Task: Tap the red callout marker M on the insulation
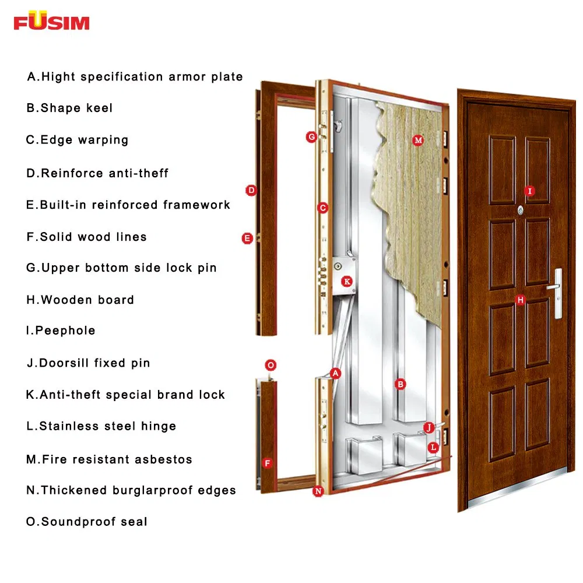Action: (417, 140)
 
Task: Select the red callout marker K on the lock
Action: (347, 282)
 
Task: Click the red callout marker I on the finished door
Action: (529, 191)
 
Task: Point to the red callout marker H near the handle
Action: (521, 300)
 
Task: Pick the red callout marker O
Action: (270, 366)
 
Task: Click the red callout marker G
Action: (311, 137)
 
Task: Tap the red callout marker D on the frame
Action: (251, 190)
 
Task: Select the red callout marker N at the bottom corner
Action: (318, 491)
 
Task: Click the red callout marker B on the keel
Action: (400, 384)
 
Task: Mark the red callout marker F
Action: (268, 463)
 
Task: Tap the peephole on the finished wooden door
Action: (520, 209)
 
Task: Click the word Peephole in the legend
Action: (65, 331)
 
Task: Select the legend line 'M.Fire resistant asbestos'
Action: (109, 459)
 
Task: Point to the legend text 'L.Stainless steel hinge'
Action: (101, 426)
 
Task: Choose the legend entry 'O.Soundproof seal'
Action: (87, 522)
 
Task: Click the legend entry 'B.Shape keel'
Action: (69, 108)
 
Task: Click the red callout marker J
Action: (429, 427)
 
